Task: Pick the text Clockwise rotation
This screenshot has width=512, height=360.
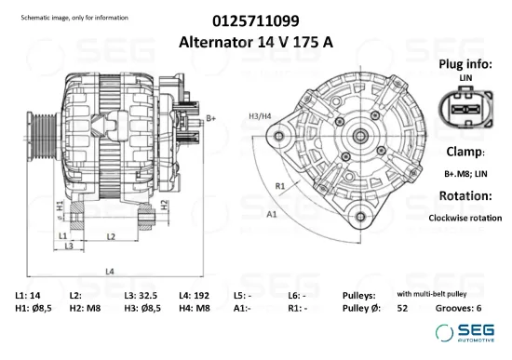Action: [465, 218]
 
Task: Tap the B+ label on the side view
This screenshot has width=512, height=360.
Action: [211, 118]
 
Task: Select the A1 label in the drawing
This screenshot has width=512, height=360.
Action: [273, 214]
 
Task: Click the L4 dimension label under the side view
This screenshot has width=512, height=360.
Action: [110, 272]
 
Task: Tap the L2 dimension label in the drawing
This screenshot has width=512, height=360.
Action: [110, 237]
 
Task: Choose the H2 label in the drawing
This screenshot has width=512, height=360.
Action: [164, 204]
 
